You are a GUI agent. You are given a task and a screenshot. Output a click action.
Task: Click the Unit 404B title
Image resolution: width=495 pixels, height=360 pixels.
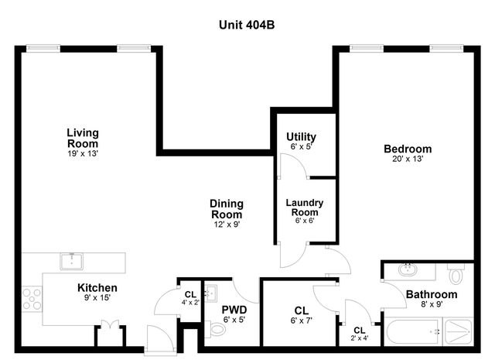coord(247,24)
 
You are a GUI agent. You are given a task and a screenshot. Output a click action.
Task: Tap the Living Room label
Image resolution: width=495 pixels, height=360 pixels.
coord(82,138)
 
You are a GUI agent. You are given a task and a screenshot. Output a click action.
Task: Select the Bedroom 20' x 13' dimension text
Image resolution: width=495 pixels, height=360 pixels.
coord(407,159)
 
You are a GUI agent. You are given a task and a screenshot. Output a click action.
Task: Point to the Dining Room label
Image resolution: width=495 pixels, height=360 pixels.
coord(226,209)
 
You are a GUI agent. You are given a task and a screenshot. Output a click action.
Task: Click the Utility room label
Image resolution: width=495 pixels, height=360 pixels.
coord(301,137)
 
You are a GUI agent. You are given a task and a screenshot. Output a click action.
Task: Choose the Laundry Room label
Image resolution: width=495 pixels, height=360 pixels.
coord(304,207)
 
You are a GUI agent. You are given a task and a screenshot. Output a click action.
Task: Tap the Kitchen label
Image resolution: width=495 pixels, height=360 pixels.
coord(97,288)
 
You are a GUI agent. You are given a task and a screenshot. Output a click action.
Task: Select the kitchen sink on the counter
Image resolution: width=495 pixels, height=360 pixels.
coord(71,259)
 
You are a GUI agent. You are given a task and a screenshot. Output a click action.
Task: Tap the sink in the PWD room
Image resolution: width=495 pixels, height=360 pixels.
coord(210,293)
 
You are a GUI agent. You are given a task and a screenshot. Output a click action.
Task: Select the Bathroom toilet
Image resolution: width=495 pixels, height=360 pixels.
coord(456,275)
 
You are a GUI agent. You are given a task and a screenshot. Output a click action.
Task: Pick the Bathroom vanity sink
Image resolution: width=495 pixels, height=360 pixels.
coord(408,271)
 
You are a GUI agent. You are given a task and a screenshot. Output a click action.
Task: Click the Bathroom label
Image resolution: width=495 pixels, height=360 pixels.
coord(432,295)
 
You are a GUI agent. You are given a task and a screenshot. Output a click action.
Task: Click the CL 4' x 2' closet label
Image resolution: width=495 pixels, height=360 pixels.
coord(190,294)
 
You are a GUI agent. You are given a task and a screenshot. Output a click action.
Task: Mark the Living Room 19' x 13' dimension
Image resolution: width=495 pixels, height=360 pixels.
coord(82,153)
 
